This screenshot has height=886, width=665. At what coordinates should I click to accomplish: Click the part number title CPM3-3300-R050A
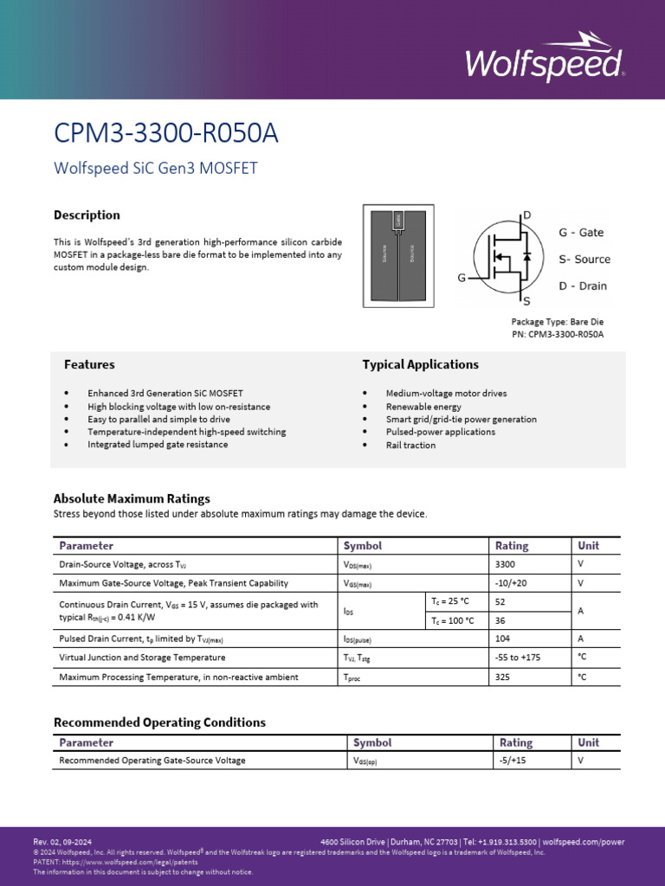tap(166, 134)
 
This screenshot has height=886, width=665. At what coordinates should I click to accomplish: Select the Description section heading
tap(87, 215)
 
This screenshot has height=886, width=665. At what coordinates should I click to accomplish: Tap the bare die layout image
tap(398, 256)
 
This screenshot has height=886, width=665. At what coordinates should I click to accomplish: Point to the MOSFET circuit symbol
tap(502, 257)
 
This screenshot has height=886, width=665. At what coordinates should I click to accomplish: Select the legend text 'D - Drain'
tap(582, 286)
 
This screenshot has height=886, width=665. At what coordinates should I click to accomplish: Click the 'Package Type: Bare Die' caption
tap(557, 322)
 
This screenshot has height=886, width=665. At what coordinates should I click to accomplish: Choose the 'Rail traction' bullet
tap(410, 446)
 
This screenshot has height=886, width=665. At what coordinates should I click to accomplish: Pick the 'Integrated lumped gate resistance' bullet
tap(158, 445)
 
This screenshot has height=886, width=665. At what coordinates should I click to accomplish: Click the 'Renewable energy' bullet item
tap(423, 407)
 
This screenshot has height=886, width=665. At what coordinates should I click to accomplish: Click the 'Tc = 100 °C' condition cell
tap(453, 620)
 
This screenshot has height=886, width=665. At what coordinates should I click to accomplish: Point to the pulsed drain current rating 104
tap(502, 639)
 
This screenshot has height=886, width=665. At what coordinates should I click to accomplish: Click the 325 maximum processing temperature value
tap(502, 677)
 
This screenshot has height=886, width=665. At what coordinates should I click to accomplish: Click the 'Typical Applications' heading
tap(420, 365)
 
